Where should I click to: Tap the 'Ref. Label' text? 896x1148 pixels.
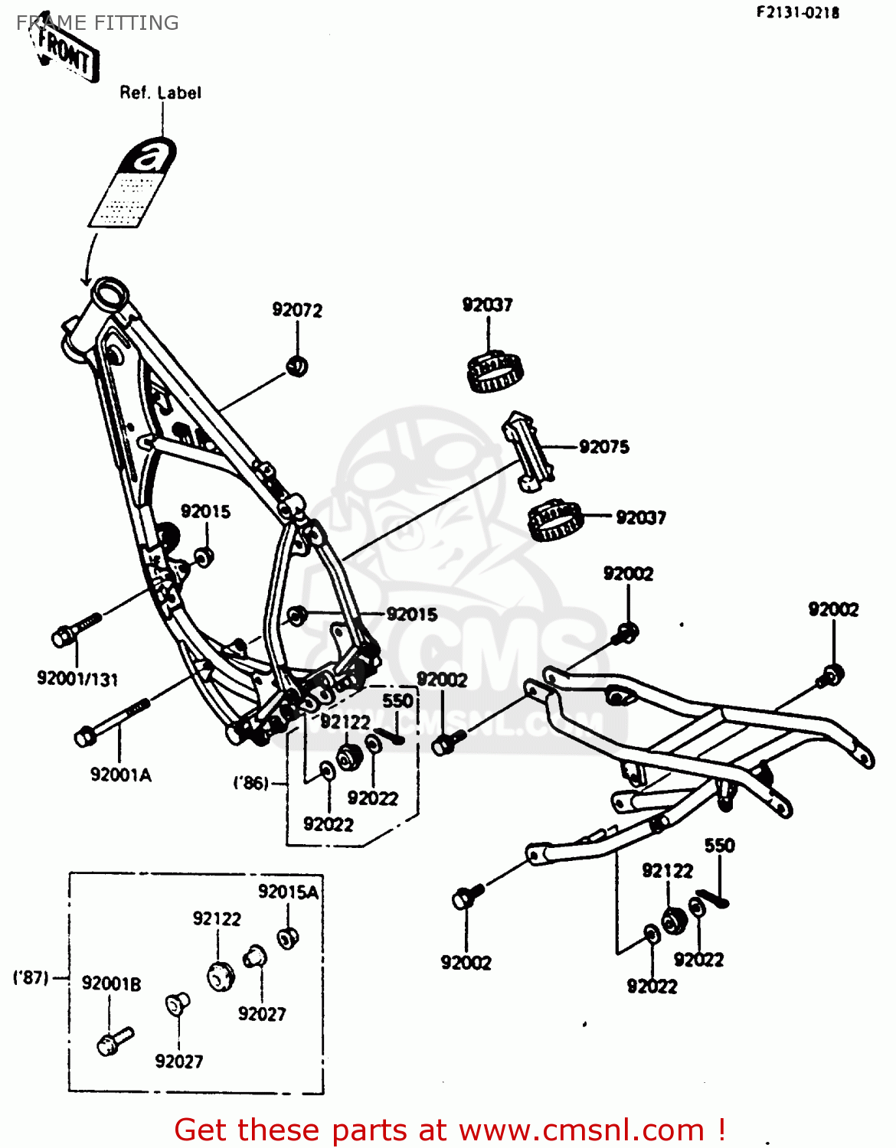pos(160,93)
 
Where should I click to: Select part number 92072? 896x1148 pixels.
pos(297,310)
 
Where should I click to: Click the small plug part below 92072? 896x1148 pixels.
pos(297,366)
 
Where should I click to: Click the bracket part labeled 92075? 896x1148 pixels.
pos(528,452)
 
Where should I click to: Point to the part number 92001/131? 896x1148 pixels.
pos(77,679)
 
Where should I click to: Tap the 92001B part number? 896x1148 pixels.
pos(111,984)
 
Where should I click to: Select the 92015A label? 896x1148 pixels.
pos(288,892)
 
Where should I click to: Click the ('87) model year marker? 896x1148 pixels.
pos(31,977)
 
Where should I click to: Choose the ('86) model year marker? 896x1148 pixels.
pos(250,783)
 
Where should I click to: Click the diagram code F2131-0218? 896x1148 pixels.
pos(797,12)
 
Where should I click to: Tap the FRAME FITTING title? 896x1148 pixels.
pos(97,23)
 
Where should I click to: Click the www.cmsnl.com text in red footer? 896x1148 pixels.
pos(581,1130)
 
